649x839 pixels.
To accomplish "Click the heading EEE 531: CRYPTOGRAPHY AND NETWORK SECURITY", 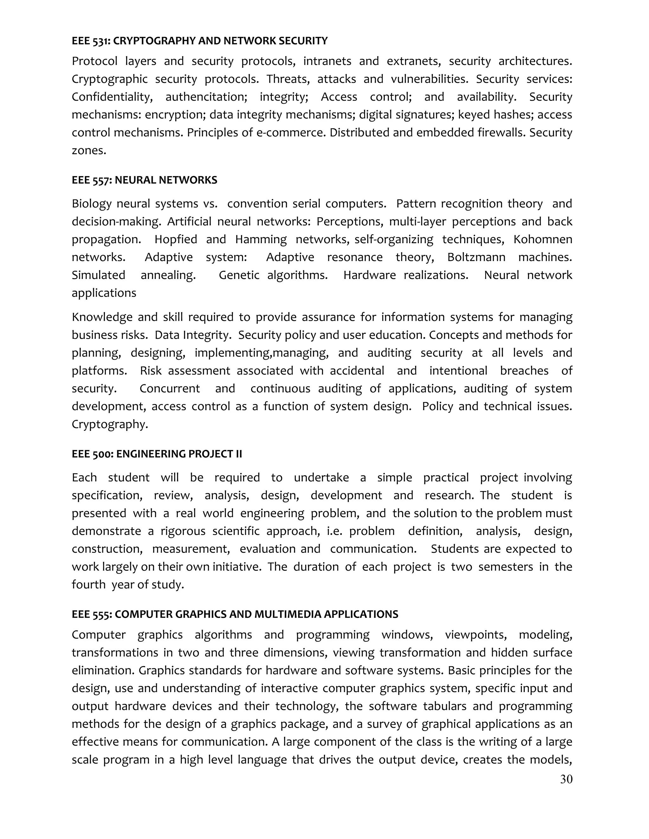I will tap(200, 41).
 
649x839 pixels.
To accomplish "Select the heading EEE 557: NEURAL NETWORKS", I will tap(144, 180).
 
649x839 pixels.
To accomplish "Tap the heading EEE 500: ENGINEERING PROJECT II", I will tap(157, 454).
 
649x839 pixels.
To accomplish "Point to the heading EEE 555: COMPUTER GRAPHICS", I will tap(235, 614).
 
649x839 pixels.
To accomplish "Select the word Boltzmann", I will tap(476, 257).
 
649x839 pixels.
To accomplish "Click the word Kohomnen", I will tap(543, 239).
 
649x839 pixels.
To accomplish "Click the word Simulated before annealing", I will tap(99, 275).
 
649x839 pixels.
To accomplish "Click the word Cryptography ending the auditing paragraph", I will tap(110, 424).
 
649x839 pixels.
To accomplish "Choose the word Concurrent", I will tap(170, 388).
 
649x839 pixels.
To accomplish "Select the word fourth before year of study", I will tap(88, 585).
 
